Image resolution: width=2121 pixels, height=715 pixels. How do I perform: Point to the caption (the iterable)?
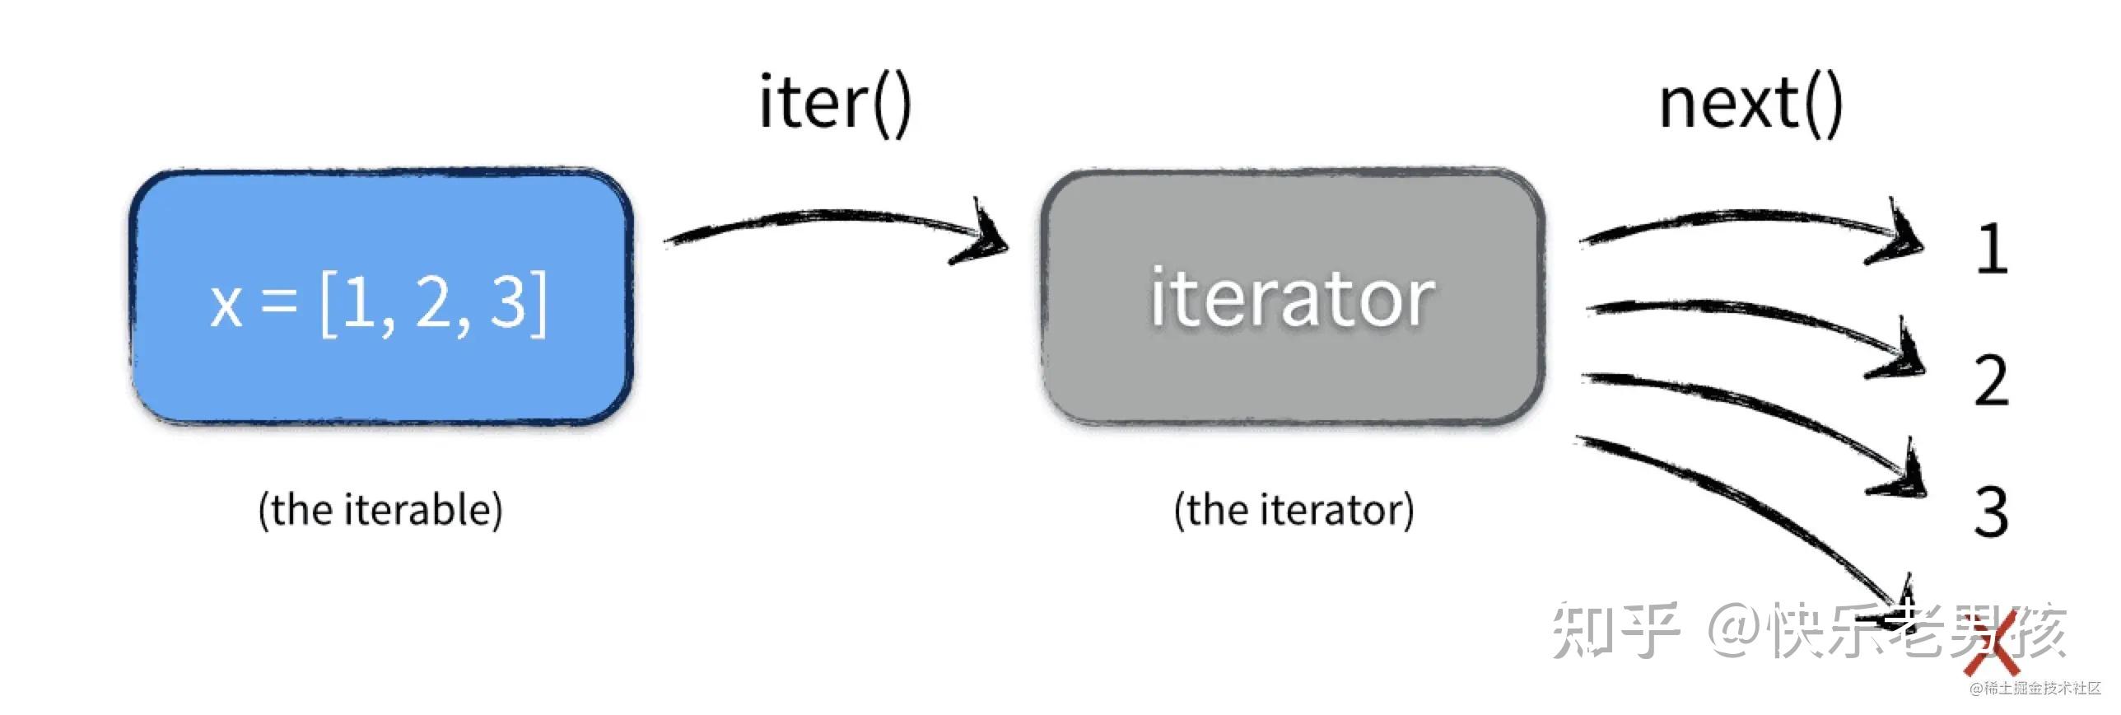tap(380, 510)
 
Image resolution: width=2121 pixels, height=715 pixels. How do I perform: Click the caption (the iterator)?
tap(1294, 510)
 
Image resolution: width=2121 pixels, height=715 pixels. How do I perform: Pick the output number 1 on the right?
tap(1992, 248)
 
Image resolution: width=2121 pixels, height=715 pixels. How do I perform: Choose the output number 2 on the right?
tap(1992, 381)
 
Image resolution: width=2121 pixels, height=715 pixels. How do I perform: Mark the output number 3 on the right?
tap(1992, 512)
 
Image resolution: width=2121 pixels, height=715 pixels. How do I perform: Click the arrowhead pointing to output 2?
tap(1900, 362)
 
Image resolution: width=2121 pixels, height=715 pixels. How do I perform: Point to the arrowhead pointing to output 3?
tap(1902, 482)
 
